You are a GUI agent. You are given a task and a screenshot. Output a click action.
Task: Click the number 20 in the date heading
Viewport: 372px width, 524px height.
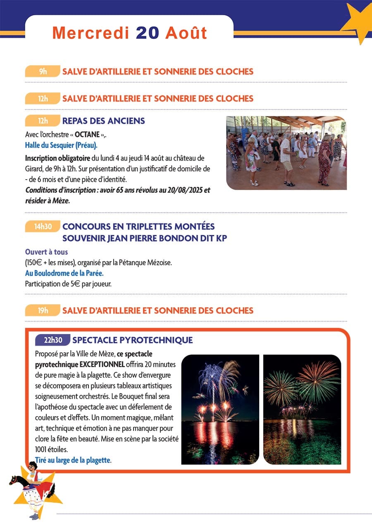click(x=147, y=33)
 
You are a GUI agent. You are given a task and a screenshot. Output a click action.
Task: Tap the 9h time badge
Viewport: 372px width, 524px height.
click(x=43, y=71)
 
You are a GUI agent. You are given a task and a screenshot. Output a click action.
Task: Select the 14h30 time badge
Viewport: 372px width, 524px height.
click(x=43, y=227)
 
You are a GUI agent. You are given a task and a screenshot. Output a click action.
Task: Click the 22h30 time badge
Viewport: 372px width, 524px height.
click(x=53, y=340)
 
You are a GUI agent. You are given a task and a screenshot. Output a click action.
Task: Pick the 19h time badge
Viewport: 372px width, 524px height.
click(x=43, y=311)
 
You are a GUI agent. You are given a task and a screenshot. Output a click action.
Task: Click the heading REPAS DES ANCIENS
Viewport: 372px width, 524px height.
click(x=103, y=121)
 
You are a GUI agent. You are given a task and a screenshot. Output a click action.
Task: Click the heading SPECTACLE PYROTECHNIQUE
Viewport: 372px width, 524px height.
click(x=132, y=340)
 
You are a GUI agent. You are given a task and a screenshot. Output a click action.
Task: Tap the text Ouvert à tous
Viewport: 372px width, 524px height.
click(x=46, y=252)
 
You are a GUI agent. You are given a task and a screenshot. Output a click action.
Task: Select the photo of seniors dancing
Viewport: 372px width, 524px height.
click(x=286, y=153)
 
